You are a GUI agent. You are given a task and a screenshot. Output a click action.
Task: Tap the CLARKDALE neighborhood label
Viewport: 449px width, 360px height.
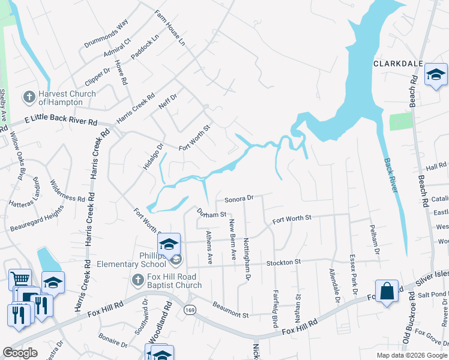point(399,64)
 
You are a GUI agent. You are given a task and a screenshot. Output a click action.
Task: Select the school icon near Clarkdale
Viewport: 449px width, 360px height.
point(436,75)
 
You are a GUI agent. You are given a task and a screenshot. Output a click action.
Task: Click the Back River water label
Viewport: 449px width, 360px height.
point(391,175)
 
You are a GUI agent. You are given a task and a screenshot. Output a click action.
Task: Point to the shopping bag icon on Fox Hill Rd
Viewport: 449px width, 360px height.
point(387,291)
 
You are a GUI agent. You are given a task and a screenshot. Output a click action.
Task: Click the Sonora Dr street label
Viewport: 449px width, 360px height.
point(240,197)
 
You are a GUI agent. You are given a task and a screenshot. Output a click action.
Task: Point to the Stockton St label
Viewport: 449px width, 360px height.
point(283,263)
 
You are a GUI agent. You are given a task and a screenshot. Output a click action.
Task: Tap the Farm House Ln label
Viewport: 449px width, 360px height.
point(169,28)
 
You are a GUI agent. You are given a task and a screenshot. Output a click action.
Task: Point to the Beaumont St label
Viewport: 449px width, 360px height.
point(229,314)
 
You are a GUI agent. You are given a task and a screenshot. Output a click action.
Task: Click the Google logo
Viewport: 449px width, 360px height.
point(20,353)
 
